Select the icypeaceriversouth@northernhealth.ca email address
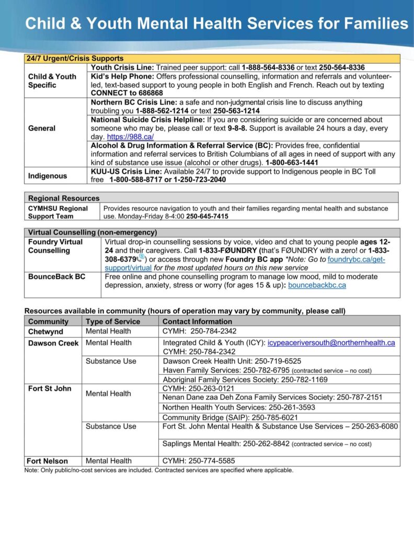tap(331, 343)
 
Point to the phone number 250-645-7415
tap(207, 216)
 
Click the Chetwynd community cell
tap(45, 331)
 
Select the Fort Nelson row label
tap(48, 461)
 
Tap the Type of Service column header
tap(113, 321)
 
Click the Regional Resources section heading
tap(64, 198)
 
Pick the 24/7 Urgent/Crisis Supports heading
tap(75, 59)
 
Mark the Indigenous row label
tap(48, 176)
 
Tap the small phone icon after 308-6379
tap(140, 259)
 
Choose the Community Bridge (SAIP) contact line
tap(230, 418)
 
